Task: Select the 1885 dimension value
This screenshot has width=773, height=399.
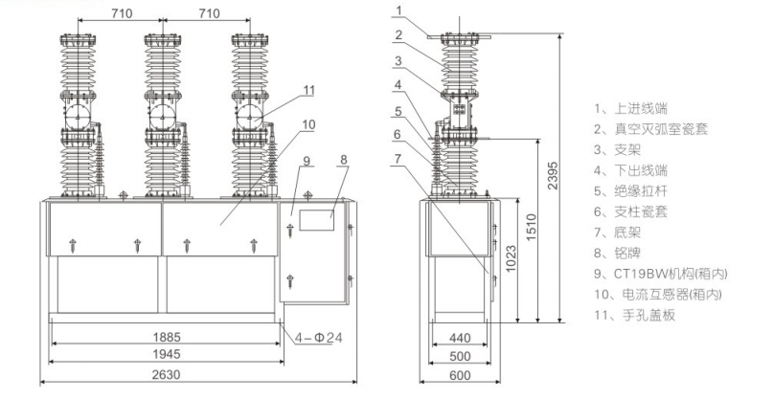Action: click(x=167, y=337)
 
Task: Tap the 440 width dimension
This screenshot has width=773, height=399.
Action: click(x=460, y=337)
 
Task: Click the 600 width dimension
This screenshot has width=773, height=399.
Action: click(x=460, y=374)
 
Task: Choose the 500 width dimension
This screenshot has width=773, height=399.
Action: click(x=460, y=355)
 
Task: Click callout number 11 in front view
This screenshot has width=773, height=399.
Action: click(x=307, y=90)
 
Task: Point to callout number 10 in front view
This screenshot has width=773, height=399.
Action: click(x=308, y=123)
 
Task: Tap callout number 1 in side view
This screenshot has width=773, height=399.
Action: click(x=401, y=11)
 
